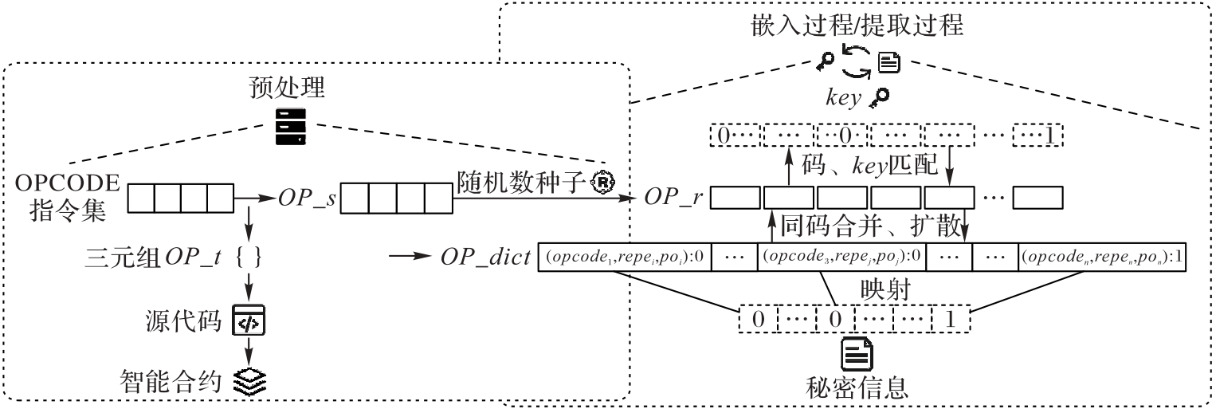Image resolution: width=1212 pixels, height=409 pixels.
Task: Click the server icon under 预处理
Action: [289, 128]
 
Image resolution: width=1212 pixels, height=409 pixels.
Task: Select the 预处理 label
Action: [289, 90]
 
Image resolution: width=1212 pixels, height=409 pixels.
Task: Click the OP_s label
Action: [307, 198]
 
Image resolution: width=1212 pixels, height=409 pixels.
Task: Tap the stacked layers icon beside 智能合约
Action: [249, 378]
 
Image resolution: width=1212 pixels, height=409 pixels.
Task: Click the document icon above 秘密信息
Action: [857, 354]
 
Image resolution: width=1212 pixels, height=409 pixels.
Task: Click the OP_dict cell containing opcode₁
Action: [625, 258]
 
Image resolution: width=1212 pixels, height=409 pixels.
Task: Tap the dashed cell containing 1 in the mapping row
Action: [948, 320]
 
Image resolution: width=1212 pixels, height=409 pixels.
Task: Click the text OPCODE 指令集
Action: [65, 198]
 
